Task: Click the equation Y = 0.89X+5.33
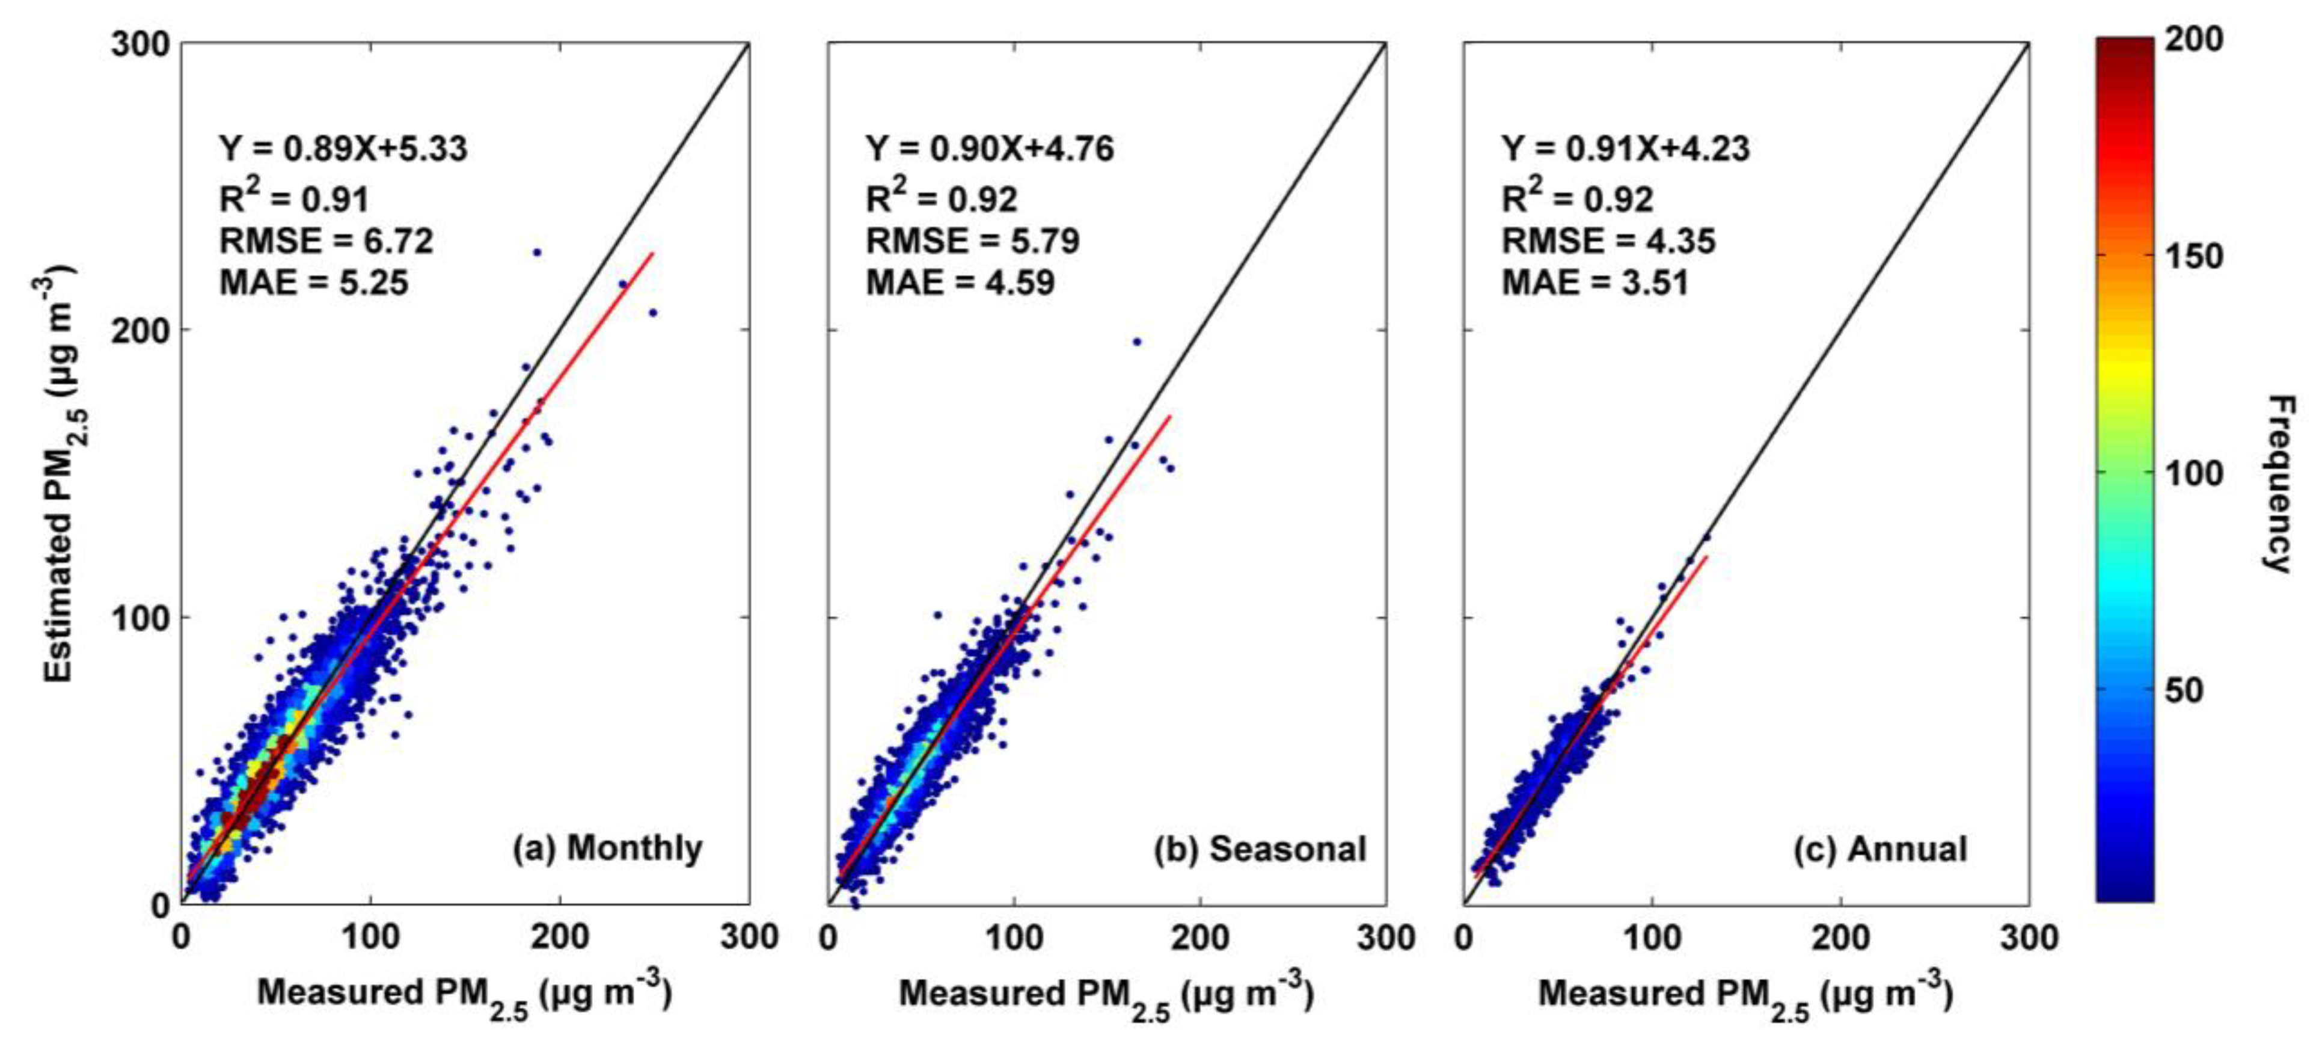[343, 149]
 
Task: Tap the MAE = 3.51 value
[1594, 283]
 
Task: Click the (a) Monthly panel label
[607, 849]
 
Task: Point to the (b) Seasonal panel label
[1259, 849]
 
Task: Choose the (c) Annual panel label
[1879, 849]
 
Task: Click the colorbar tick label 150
[2194, 257]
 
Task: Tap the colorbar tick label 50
[2183, 690]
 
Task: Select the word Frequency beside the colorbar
[2279, 484]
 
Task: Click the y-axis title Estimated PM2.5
[58, 473]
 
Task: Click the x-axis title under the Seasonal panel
[1106, 995]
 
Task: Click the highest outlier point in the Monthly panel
[536, 253]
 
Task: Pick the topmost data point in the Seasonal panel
[1137, 342]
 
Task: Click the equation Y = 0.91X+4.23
[1625, 149]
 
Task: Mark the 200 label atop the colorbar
[2194, 40]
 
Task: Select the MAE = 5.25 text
[314, 283]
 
